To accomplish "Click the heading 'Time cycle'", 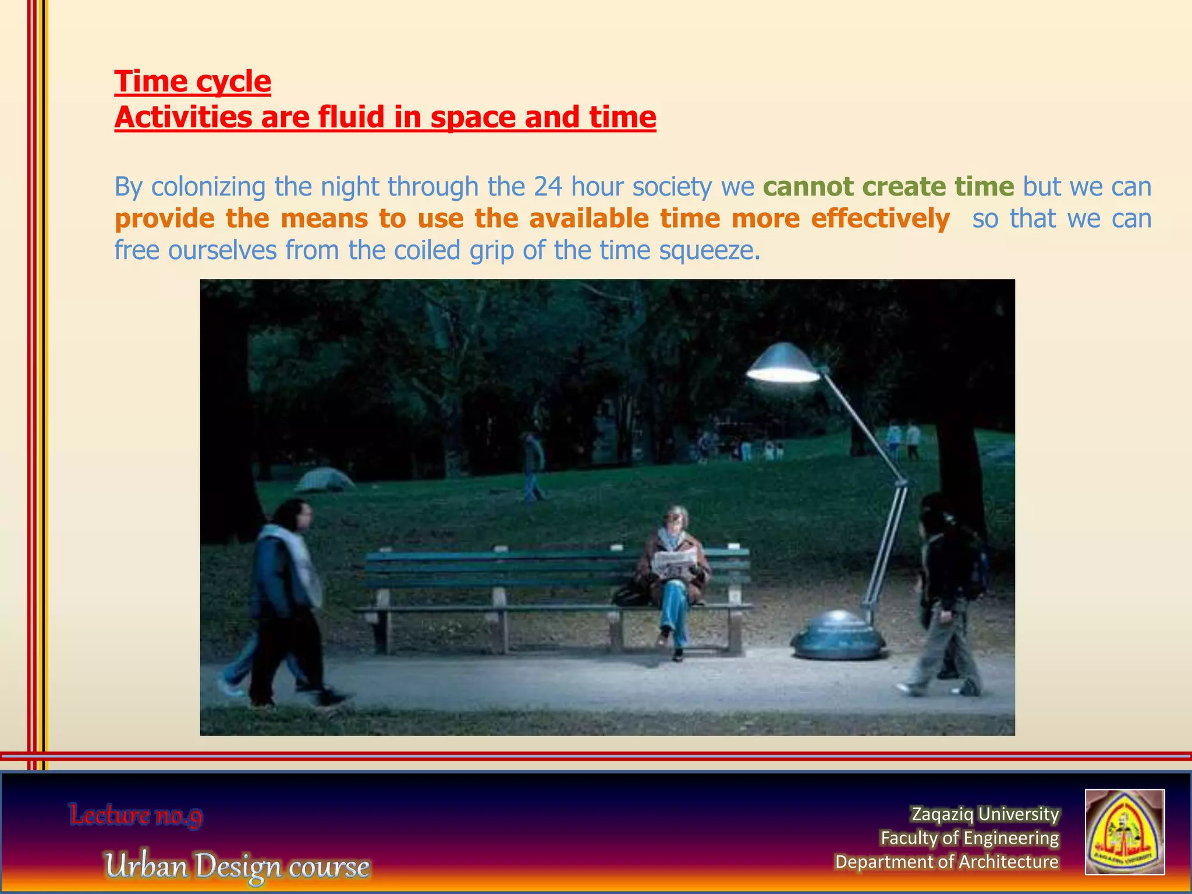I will pos(193,81).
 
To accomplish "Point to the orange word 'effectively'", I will pos(880,219).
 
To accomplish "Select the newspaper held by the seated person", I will pos(674,562).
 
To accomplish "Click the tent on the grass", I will pos(324,480).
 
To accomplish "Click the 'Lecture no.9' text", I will pos(136,815).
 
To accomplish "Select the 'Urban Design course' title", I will pos(237,866).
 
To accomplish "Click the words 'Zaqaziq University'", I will pos(985,814).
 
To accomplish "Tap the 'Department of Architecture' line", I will pos(946,861).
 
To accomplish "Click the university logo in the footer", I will pos(1124,832).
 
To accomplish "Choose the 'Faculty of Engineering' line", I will pos(969,838).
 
